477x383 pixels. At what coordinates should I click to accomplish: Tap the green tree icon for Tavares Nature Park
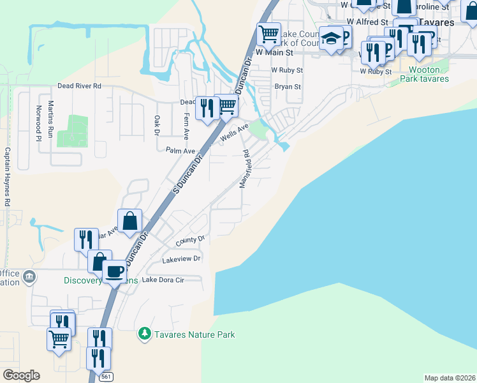(x=145, y=334)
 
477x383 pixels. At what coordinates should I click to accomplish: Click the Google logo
(x=21, y=375)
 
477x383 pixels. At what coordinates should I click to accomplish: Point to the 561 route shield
(x=106, y=377)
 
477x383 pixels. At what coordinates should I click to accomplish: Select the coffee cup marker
(x=114, y=271)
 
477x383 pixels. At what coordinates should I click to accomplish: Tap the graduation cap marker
(x=331, y=38)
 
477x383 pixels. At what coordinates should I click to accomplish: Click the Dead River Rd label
(x=79, y=86)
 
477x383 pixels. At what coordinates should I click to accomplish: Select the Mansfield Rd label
(x=244, y=169)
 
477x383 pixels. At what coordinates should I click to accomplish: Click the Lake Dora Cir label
(x=163, y=280)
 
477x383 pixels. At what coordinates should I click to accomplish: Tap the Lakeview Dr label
(x=182, y=259)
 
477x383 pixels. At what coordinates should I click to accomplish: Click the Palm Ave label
(x=180, y=151)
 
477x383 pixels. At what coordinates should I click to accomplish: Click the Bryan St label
(x=288, y=86)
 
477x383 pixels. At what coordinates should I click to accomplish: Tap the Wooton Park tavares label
(x=424, y=74)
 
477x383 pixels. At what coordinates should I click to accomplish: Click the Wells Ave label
(x=234, y=133)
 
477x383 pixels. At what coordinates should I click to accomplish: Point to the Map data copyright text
(x=450, y=378)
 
